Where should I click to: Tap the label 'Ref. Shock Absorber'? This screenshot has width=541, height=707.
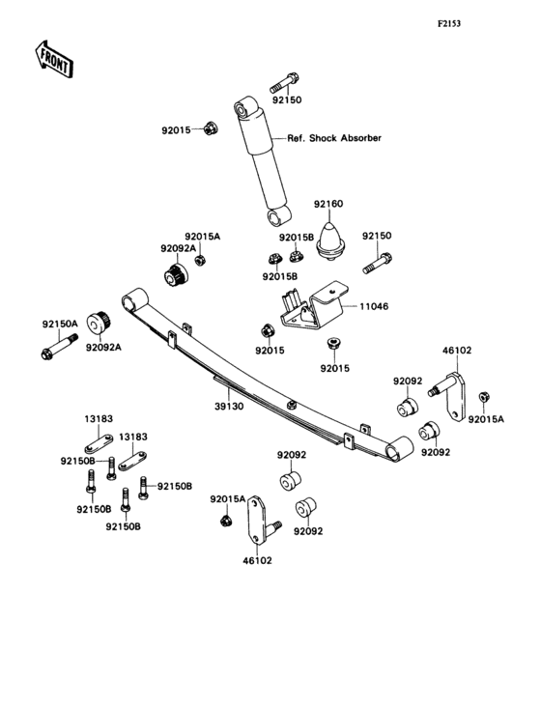(x=333, y=138)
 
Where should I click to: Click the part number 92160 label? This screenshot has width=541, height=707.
(x=328, y=204)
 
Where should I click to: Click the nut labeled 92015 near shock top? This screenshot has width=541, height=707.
(x=211, y=128)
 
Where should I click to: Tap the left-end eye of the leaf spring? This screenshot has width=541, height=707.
(x=134, y=298)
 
